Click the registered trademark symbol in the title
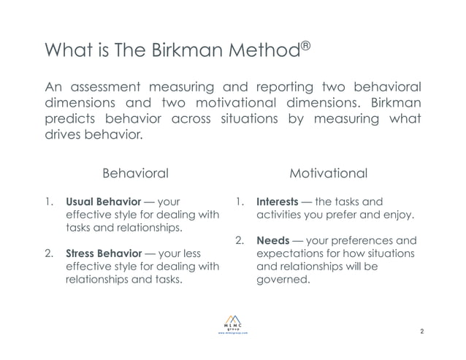point(306,46)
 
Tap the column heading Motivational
point(328,174)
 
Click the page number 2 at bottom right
point(422,332)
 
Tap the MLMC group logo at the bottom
point(233,322)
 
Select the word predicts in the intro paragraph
point(72,120)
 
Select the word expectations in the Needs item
point(292,253)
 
